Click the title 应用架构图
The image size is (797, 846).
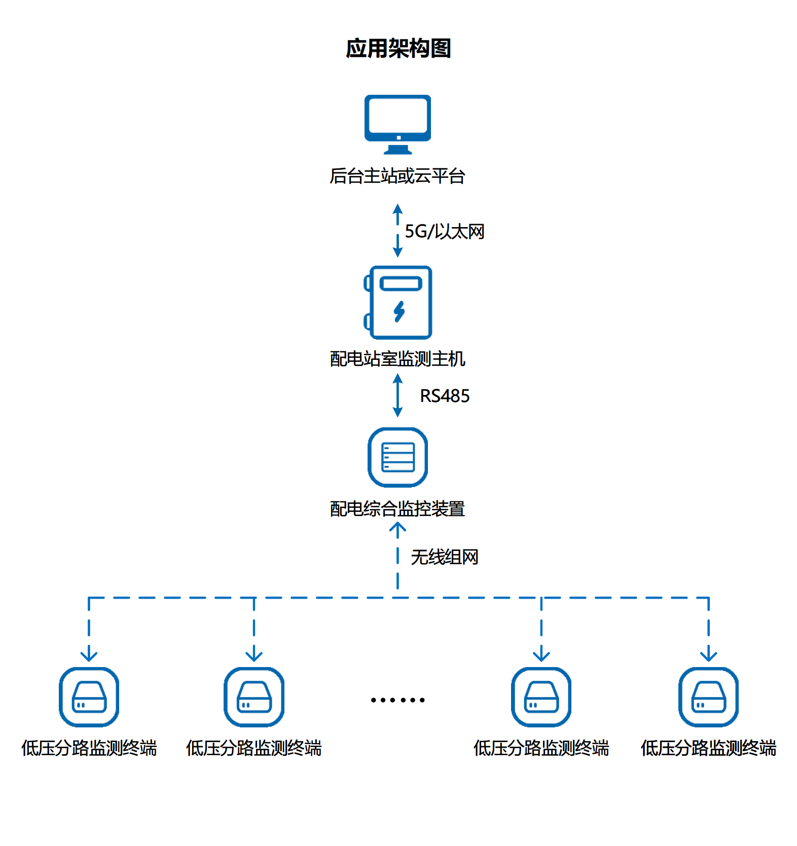pos(398,49)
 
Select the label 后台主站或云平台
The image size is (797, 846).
pos(397,176)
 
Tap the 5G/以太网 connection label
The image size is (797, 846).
pos(444,231)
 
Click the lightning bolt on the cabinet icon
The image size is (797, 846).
pos(399,311)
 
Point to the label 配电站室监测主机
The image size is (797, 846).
pos(397,358)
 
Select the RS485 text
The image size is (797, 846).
pos(445,396)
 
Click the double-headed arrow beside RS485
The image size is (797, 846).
pos(397,395)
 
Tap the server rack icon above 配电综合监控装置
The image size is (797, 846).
pos(397,457)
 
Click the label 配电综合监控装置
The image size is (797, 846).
pos(397,508)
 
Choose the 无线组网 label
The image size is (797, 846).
pos(444,557)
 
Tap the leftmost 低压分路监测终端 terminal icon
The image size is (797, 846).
pos(89,697)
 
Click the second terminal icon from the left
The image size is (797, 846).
pos(254,697)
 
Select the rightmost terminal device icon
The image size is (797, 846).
pos(708,697)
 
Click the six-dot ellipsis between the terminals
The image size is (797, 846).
pos(397,700)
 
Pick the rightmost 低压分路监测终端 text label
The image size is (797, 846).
pos(708,748)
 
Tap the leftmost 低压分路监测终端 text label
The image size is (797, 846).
pos(89,748)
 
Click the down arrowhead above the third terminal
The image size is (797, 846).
pos(541,655)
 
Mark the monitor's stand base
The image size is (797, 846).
pos(397,151)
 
